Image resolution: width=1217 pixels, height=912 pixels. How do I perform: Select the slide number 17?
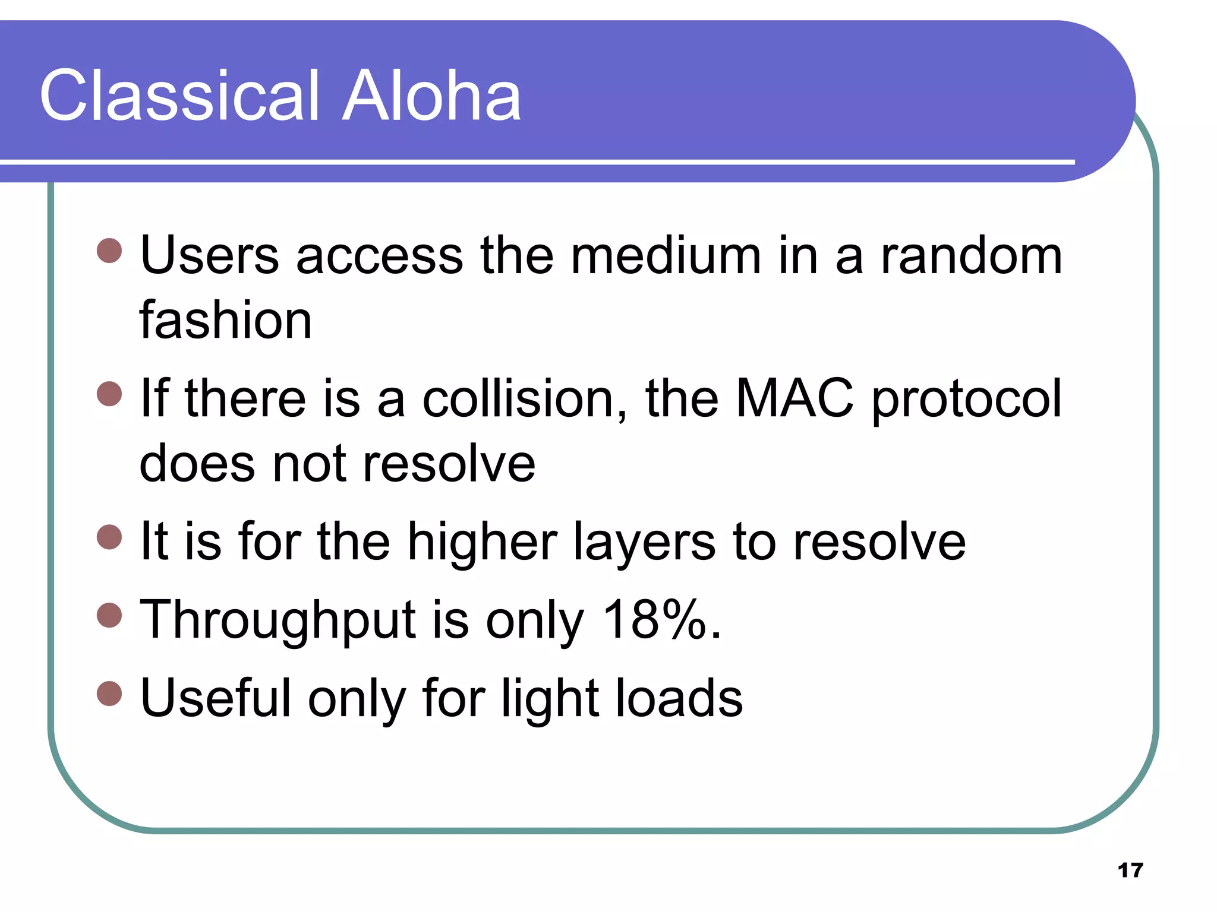[1130, 870]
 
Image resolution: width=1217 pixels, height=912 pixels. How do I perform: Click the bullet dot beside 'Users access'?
[109, 251]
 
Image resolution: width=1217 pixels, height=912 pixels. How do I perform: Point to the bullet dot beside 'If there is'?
[109, 393]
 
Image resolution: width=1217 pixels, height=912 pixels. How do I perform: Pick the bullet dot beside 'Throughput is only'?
[109, 615]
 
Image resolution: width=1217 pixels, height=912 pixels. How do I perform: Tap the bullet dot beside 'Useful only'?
[109, 693]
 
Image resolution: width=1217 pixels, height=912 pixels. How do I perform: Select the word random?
[971, 256]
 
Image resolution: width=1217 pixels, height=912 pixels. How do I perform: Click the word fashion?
[226, 321]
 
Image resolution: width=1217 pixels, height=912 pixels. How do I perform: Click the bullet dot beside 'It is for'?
[109, 537]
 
